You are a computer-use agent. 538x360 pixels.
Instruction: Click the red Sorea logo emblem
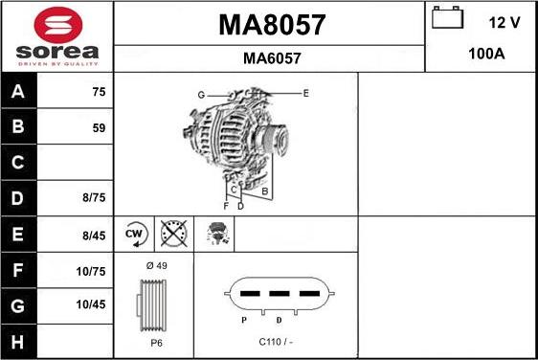coord(58,25)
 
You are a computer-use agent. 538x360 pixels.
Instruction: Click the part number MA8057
coord(272,25)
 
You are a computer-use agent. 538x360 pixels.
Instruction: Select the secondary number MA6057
coord(272,58)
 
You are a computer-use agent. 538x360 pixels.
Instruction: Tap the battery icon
coord(447,17)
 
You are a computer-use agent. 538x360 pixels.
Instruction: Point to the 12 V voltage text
coord(504,23)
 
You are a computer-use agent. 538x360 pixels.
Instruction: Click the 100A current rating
coord(486,54)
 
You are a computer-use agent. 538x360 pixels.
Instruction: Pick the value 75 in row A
coord(99,92)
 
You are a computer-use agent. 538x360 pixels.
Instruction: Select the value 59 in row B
coord(99,128)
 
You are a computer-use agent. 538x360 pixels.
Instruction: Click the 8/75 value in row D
coord(94,197)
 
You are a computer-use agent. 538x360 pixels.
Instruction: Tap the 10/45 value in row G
coord(91,304)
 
